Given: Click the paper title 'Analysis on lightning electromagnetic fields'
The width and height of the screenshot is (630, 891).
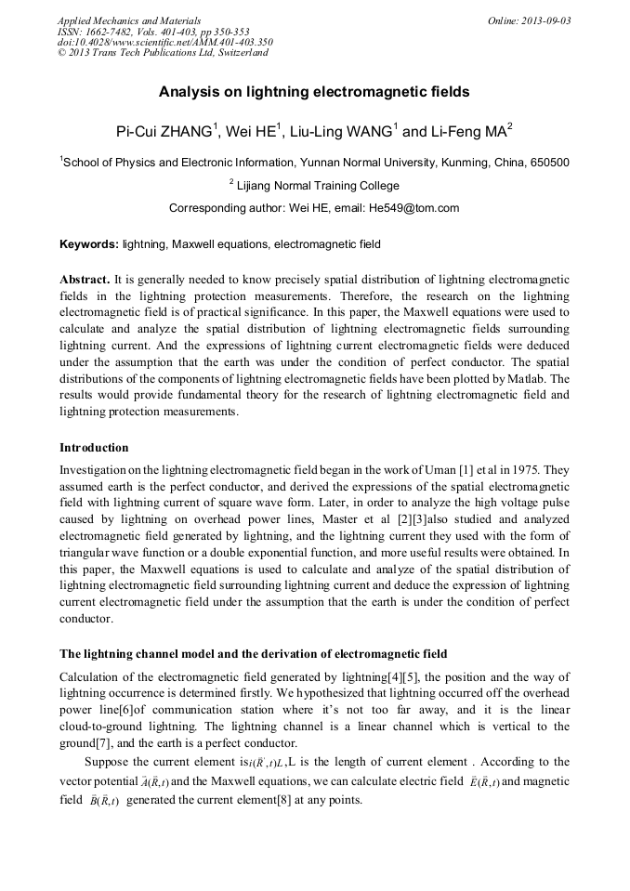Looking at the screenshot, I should [x=314, y=92].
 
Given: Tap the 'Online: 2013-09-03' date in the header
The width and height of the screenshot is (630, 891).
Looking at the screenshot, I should [x=529, y=20].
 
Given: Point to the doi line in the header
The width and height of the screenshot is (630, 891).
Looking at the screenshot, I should [x=164, y=42].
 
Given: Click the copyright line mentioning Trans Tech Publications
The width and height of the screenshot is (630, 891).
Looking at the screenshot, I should [x=163, y=53].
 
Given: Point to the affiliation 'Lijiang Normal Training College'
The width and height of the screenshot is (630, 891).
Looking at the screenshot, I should [x=318, y=185].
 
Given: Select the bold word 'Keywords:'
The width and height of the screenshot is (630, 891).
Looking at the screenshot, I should [x=89, y=244].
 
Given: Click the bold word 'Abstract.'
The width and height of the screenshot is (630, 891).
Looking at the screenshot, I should [x=85, y=280].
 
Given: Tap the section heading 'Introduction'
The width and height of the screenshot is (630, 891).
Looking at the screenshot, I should [x=94, y=448].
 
